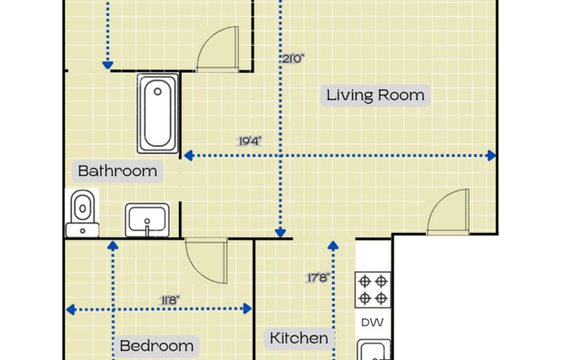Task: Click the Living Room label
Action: click(x=375, y=95)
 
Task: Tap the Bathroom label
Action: click(x=118, y=170)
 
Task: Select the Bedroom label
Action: click(x=157, y=346)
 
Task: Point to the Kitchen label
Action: click(x=299, y=338)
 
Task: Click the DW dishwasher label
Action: click(x=372, y=323)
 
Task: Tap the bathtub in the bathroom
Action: click(x=157, y=113)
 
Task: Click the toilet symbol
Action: click(x=82, y=214)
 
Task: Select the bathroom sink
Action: click(x=147, y=220)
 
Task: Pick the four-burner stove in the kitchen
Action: click(x=373, y=290)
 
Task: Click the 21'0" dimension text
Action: click(x=293, y=59)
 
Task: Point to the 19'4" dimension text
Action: click(x=250, y=140)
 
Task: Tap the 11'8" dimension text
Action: click(x=170, y=300)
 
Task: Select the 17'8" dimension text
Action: click(x=318, y=278)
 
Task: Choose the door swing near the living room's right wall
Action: click(x=449, y=212)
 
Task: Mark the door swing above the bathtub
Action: click(x=218, y=49)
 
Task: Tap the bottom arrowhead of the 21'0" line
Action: click(x=280, y=232)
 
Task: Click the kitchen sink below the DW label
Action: click(x=373, y=350)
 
